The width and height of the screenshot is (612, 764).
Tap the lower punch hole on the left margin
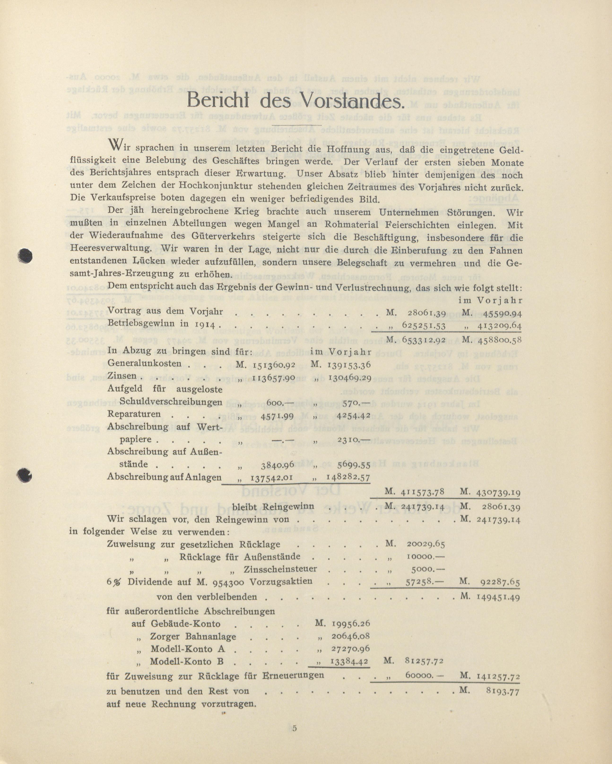(x=25, y=475)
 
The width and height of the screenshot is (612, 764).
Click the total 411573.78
(x=423, y=492)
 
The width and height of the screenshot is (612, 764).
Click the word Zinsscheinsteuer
(x=280, y=569)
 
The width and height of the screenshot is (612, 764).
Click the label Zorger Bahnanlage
(x=193, y=636)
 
